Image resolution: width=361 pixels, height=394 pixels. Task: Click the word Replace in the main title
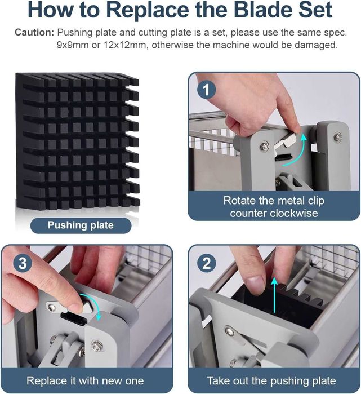[148, 10]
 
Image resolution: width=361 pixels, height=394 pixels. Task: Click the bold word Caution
[34, 33]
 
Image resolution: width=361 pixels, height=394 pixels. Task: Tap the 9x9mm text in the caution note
[73, 45]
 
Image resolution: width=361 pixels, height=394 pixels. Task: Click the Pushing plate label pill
[81, 225]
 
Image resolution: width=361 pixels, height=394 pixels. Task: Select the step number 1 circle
[206, 90]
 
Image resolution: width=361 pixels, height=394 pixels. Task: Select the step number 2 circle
[206, 263]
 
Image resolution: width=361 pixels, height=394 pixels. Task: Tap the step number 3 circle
[23, 263]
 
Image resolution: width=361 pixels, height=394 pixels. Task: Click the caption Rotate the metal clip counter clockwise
[274, 207]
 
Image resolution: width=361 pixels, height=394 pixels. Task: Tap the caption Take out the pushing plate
[271, 380]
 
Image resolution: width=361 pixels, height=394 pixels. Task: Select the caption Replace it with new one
[85, 380]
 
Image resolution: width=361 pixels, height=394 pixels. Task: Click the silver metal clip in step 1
[285, 143]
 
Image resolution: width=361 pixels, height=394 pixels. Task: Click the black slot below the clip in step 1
[284, 157]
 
